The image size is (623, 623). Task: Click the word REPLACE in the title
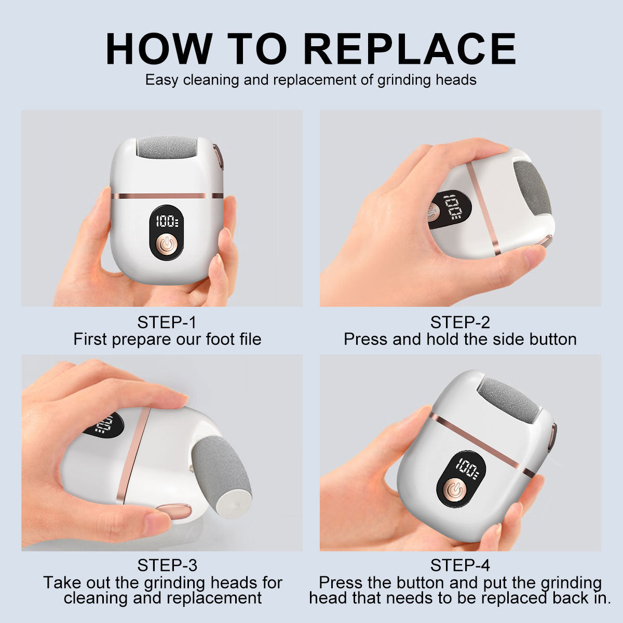[410, 49]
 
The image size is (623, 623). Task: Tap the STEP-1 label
[167, 322]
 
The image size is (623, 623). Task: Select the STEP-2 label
[460, 322]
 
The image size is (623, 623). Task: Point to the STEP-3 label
[167, 565]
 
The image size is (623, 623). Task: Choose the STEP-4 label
[460, 565]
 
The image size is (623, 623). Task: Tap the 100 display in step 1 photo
[167, 222]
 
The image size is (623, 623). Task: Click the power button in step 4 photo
[455, 490]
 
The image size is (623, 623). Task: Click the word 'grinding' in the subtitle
[402, 80]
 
